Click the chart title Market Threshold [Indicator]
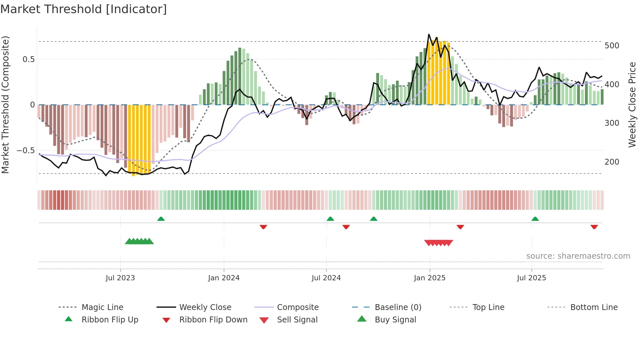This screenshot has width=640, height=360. (84, 9)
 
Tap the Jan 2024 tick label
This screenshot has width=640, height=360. (224, 278)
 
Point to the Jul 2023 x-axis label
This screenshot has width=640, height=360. (120, 278)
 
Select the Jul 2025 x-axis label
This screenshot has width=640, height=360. (531, 278)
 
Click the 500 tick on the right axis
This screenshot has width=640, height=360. (612, 45)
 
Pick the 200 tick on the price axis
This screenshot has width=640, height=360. (612, 162)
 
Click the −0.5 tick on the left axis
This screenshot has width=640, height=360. (25, 151)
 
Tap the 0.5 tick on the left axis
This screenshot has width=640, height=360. (28, 59)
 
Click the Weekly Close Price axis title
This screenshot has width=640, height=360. (632, 105)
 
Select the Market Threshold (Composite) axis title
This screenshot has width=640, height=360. (5, 105)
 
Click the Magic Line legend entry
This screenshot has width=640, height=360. (102, 307)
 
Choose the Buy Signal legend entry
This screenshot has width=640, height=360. (395, 320)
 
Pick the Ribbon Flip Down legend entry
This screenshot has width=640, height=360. (213, 320)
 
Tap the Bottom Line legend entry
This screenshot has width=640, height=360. (594, 307)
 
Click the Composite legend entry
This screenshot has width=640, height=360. (297, 307)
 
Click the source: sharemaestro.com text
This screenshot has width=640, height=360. (578, 256)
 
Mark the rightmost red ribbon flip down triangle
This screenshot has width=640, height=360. (594, 227)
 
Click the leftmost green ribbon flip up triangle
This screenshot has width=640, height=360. (161, 219)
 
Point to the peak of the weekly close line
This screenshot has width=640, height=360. (429, 34)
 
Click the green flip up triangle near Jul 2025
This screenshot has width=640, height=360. (535, 219)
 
